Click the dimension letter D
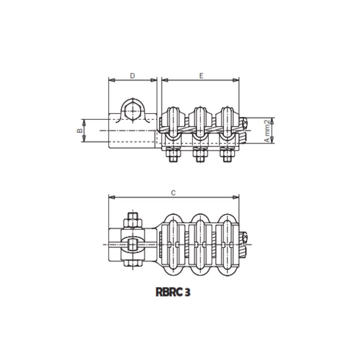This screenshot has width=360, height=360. pyautogui.click(x=132, y=76)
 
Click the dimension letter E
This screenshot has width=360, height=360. pyautogui.click(x=201, y=76)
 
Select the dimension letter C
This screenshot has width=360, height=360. pyautogui.click(x=173, y=193)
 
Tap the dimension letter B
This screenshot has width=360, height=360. pyautogui.click(x=80, y=130)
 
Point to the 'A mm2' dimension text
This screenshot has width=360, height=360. pyautogui.click(x=267, y=131)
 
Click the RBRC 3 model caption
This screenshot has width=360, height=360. pyautogui.click(x=173, y=292)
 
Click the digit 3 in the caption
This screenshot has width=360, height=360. pyautogui.click(x=187, y=292)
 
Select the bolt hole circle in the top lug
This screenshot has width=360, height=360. pyautogui.click(x=133, y=110)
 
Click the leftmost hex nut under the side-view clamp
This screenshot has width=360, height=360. pyautogui.click(x=173, y=155)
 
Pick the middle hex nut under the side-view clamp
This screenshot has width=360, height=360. pyautogui.click(x=200, y=155)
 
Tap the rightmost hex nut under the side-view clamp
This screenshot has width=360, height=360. pyautogui.click(x=227, y=155)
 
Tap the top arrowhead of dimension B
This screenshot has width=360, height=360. pyautogui.click(x=84, y=121)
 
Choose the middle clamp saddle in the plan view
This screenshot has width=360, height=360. pyautogui.click(x=200, y=245)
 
